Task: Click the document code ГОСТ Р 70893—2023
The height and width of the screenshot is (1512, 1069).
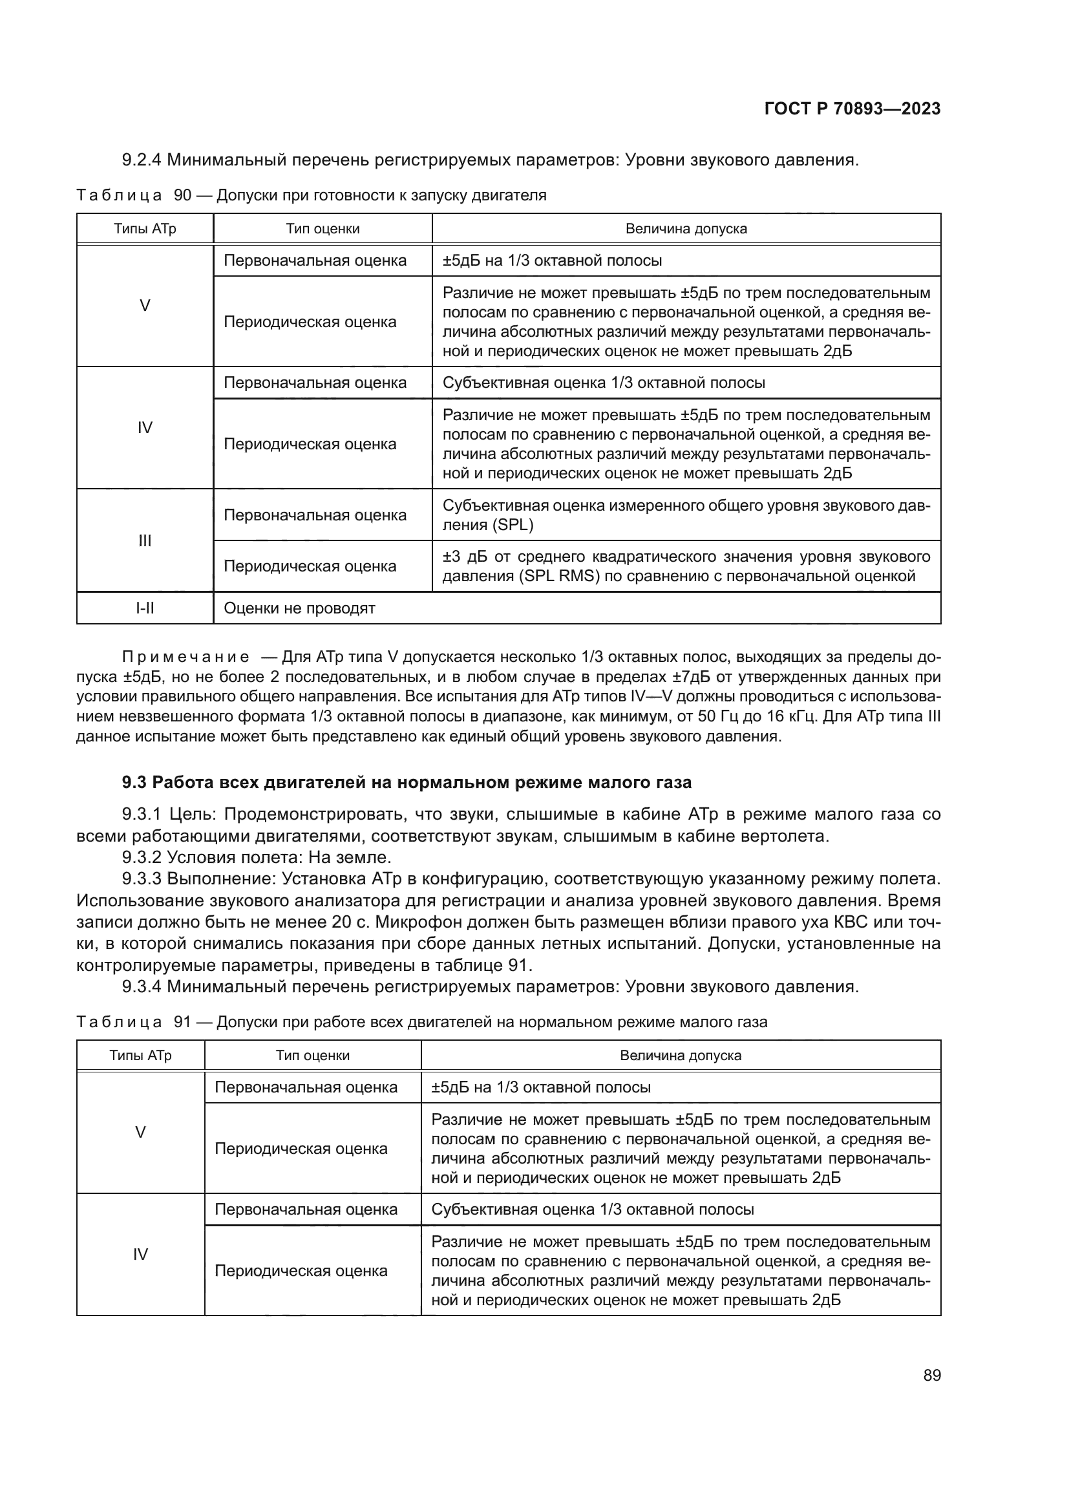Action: click(852, 109)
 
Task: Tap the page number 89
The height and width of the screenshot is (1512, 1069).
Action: click(931, 1375)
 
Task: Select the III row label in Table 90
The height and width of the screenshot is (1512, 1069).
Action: click(145, 540)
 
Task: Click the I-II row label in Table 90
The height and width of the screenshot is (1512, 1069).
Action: click(145, 608)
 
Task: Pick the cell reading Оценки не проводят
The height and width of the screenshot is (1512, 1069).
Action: click(299, 608)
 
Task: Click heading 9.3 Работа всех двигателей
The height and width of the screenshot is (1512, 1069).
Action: click(406, 782)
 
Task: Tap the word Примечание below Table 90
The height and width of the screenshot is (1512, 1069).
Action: click(185, 657)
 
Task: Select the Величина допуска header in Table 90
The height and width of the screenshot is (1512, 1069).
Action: click(686, 229)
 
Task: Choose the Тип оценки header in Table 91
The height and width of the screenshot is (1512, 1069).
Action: click(313, 1056)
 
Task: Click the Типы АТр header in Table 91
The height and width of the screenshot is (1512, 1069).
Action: click(140, 1056)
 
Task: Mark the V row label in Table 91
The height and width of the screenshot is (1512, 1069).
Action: click(140, 1132)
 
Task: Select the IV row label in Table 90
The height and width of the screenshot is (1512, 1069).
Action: click(145, 427)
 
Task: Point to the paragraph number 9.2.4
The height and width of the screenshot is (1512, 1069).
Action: click(142, 160)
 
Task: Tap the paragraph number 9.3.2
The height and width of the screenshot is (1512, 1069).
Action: click(142, 857)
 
